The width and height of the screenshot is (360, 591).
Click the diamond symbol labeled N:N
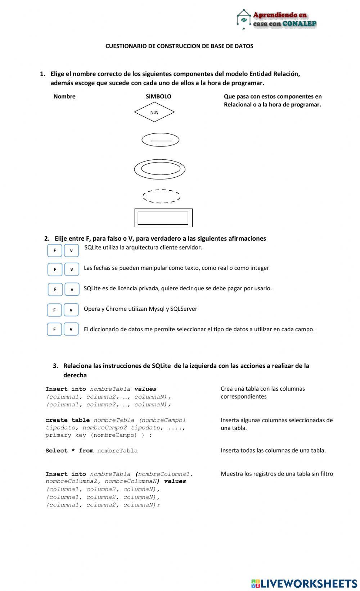(x=154, y=112)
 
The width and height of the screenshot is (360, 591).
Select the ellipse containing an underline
(x=160, y=140)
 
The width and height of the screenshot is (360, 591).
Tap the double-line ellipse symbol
(x=160, y=169)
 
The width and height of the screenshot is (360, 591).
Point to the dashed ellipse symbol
(x=161, y=196)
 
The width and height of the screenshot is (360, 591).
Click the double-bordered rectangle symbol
(x=163, y=218)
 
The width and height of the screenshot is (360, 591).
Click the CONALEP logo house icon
(x=244, y=19)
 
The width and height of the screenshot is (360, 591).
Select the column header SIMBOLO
(x=158, y=96)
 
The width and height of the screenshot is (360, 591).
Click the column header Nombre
(x=64, y=96)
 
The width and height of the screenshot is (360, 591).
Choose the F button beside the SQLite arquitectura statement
(x=55, y=250)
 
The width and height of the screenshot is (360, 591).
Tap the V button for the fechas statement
(x=72, y=269)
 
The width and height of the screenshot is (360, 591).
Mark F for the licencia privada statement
(x=55, y=289)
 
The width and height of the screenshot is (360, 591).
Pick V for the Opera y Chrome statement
(x=71, y=310)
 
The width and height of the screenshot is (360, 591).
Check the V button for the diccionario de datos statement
(x=71, y=329)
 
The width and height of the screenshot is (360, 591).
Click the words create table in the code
(x=67, y=420)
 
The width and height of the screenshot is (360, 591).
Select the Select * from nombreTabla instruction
(x=91, y=451)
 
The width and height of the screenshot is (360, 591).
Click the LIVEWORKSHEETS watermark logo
(x=304, y=583)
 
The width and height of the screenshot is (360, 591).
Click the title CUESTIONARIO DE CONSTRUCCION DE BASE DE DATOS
(x=179, y=46)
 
